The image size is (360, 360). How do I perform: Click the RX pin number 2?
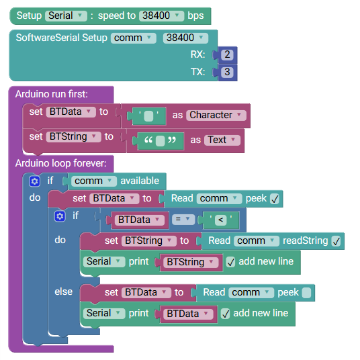point(227,55)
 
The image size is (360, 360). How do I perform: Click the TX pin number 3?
point(227,72)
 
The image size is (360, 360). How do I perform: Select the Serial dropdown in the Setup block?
point(66,16)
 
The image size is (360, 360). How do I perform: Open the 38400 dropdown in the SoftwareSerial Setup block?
point(185,38)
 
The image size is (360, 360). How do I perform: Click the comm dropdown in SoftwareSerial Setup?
point(134,38)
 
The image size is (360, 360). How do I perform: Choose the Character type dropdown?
point(216,115)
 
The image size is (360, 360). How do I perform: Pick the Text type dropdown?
point(222,140)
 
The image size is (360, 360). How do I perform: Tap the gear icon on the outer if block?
point(35,181)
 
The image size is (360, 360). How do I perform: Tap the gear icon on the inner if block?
point(60,216)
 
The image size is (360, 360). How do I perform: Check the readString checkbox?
point(336,241)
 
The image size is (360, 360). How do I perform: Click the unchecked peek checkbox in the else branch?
point(306,293)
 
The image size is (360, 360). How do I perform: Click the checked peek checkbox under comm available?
point(275,199)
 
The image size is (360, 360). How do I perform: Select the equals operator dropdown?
point(183,220)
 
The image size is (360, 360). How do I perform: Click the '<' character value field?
point(221,220)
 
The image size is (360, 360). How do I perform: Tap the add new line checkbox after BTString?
point(231,262)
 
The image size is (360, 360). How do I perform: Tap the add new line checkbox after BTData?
point(226,314)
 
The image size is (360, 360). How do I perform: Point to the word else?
point(64,291)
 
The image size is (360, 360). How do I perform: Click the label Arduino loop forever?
point(61,163)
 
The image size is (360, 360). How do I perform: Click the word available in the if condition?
point(140,181)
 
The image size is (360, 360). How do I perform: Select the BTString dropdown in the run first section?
point(73,137)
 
